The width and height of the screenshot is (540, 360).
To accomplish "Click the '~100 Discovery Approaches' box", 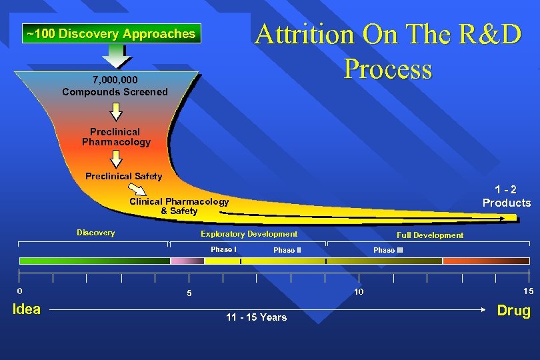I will click(111, 33).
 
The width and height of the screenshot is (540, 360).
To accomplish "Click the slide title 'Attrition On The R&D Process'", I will click(388, 51).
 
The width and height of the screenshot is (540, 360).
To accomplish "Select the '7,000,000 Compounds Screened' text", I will click(115, 86).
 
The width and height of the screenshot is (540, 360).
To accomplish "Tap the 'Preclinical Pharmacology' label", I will click(116, 137).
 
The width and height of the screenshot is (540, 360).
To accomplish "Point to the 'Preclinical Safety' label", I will click(123, 176).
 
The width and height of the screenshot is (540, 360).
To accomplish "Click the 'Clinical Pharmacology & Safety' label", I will click(179, 206).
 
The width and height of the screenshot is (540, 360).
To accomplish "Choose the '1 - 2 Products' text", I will click(507, 196).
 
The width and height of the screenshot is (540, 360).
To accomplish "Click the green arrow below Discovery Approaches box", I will click(117, 56).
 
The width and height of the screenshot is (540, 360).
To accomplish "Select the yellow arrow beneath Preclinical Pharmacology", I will click(117, 159).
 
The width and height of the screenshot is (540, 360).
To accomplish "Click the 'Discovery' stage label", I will click(96, 233).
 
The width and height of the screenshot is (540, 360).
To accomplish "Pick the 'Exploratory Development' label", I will click(249, 233).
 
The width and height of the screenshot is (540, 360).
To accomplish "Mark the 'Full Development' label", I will click(429, 235).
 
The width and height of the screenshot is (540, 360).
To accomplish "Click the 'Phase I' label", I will click(223, 249).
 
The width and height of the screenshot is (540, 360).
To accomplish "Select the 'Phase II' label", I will click(287, 250).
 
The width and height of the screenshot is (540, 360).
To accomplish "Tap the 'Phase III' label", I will click(388, 250).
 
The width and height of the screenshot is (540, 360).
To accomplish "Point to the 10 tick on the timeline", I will click(359, 291).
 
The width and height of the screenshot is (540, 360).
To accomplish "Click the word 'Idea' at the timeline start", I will click(27, 309).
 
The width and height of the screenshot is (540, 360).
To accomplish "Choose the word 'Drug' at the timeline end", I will click(513, 310).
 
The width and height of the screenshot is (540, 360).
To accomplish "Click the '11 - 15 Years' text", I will click(257, 317).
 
